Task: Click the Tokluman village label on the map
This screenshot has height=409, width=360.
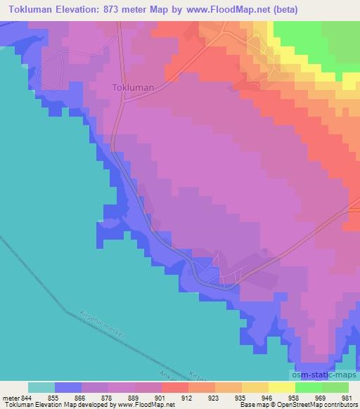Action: click(133, 89)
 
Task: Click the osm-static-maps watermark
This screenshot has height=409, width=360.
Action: click(323, 377)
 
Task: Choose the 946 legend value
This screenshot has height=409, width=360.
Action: click(268, 397)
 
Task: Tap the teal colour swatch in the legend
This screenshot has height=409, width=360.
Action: click(41, 387)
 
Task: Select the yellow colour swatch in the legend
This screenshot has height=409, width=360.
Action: click(281, 387)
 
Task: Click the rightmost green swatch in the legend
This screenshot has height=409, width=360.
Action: click(335, 387)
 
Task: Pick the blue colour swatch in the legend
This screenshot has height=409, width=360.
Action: click(67, 387)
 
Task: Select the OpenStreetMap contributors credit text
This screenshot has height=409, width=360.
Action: click(320, 405)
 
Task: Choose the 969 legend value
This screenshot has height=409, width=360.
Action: click(321, 397)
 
